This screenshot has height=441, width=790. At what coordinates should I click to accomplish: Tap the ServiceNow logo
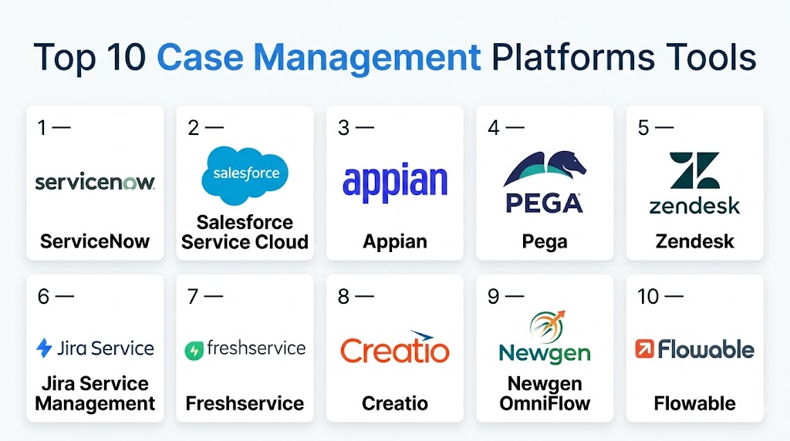95,182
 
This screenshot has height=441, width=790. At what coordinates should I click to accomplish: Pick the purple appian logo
394,183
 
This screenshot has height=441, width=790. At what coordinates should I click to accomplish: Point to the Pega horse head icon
545,170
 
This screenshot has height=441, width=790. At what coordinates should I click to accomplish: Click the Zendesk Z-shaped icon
694,170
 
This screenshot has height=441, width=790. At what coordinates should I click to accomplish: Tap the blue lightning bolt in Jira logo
45,348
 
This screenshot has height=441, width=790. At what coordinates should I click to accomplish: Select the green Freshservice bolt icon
194,350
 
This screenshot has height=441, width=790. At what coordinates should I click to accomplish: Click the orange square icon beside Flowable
643,349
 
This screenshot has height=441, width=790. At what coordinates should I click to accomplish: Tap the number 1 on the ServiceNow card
42,128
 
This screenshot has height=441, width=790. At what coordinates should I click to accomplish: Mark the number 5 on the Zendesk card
643,128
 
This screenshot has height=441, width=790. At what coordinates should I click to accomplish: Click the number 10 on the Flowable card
648,296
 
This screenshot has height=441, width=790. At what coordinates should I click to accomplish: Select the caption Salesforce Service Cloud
245,232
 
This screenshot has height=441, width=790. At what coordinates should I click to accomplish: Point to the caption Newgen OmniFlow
545,393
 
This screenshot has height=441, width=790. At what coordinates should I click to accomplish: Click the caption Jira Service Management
95,393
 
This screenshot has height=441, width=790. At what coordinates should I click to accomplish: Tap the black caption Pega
545,241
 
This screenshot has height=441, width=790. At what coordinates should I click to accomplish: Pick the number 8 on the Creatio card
343,296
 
